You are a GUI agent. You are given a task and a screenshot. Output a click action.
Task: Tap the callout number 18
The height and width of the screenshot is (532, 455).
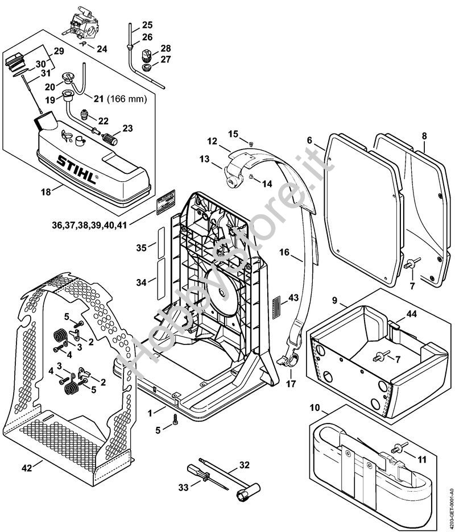[45, 193]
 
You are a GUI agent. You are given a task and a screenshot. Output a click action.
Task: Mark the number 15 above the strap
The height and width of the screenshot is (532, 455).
[233, 134]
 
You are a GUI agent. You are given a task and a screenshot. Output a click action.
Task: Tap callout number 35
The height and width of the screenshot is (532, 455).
[142, 247]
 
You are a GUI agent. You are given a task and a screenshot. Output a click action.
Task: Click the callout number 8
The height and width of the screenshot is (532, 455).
[425, 136]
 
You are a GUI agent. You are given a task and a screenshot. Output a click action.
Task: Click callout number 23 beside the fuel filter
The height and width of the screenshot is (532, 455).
[127, 128]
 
